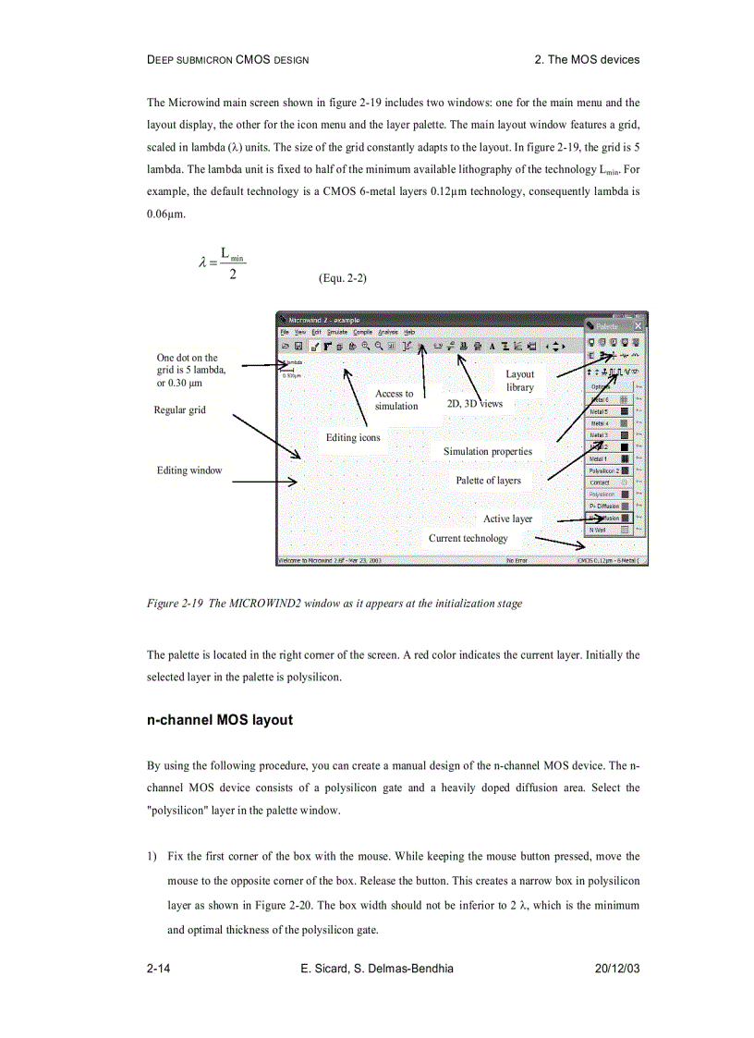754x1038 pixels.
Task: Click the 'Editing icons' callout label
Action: pyautogui.click(x=352, y=437)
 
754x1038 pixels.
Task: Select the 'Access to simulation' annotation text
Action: pyautogui.click(x=395, y=399)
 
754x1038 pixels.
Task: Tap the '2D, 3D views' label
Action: pyautogui.click(x=474, y=404)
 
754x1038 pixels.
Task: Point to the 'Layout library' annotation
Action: pyautogui.click(x=519, y=381)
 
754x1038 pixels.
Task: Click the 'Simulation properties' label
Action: pyautogui.click(x=487, y=451)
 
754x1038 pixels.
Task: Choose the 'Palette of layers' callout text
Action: pyautogui.click(x=488, y=480)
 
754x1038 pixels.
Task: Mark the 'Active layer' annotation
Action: pyautogui.click(x=507, y=519)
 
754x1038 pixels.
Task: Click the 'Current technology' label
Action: pyautogui.click(x=468, y=538)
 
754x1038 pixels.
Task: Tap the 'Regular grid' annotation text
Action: pyautogui.click(x=179, y=409)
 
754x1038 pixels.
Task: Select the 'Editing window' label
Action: pyautogui.click(x=189, y=470)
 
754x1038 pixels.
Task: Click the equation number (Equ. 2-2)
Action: pyautogui.click(x=342, y=277)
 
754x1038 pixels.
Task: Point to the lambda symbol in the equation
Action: pyautogui.click(x=202, y=263)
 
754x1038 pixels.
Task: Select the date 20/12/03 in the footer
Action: pyautogui.click(x=616, y=968)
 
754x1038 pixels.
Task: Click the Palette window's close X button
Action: pyautogui.click(x=638, y=326)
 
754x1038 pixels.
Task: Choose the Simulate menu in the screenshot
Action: pyautogui.click(x=336, y=332)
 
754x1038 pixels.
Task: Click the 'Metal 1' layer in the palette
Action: pyautogui.click(x=599, y=458)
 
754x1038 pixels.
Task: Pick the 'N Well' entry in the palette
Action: pyautogui.click(x=598, y=531)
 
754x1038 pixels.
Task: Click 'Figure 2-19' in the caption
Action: pyautogui.click(x=175, y=604)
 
